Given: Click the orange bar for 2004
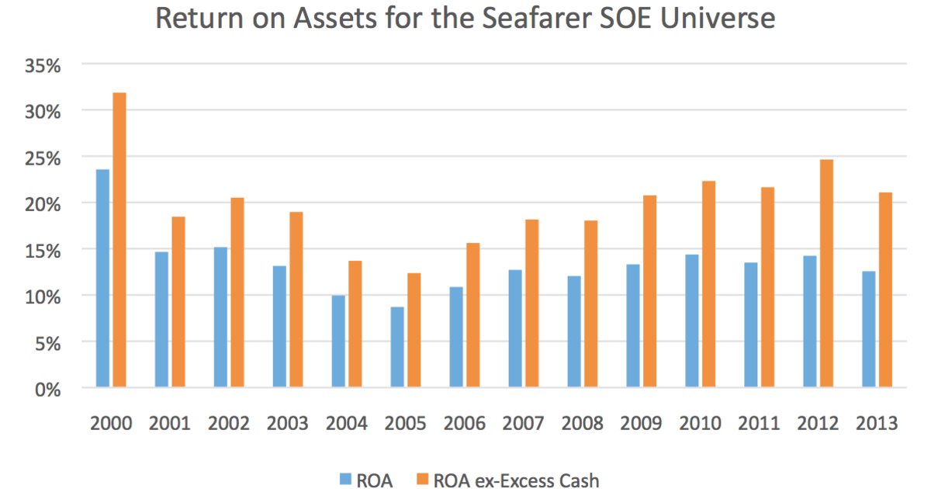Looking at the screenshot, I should click(x=355, y=324).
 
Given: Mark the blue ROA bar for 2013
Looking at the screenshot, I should click(x=868, y=329).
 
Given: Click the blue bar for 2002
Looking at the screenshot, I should click(x=220, y=317).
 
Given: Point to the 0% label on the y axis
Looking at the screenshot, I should click(x=48, y=388).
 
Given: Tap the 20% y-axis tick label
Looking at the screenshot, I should click(x=43, y=203).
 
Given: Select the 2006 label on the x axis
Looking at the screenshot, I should click(x=465, y=424).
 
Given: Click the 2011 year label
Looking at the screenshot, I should click(x=760, y=424).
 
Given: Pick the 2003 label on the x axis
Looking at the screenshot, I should click(x=288, y=424).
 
